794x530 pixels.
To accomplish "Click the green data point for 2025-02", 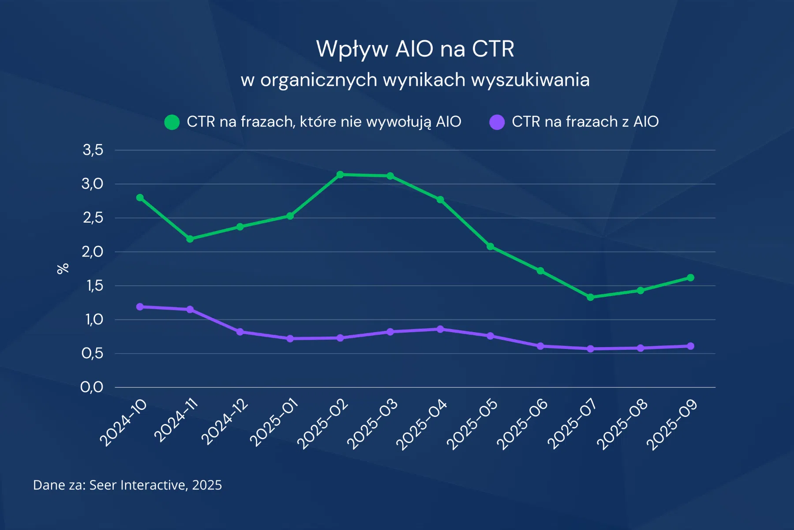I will coord(340,174).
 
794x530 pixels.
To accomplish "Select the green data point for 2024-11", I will coord(190,239).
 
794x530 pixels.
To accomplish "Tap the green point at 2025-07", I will coord(590,297).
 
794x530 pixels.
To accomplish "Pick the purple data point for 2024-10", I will coord(140,307).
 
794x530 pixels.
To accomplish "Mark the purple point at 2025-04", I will coord(440,329).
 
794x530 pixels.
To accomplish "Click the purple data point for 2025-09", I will coord(691,346).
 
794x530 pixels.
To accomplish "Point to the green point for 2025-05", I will coord(490,246).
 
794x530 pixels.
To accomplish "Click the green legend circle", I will coord(172,122).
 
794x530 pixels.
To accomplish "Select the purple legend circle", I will coord(497,122).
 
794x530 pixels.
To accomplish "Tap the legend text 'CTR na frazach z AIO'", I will coord(585,121).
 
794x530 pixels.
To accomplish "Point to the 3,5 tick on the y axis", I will coord(93,150).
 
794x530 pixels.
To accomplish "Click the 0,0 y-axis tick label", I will coord(92,387).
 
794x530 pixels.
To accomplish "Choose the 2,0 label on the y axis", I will coord(92,252).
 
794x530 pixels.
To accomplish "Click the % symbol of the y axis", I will coord(63,269).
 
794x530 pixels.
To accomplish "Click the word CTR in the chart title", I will coord(493,49).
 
